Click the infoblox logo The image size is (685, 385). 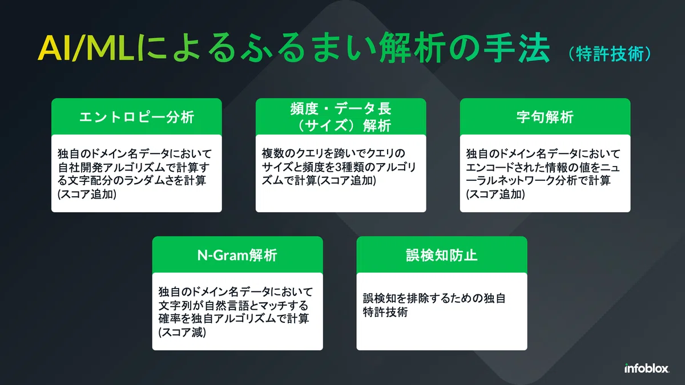pos(647,368)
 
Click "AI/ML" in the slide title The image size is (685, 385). pos(86,48)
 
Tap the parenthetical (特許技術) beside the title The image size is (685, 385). pos(610,54)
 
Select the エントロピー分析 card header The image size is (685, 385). pos(136,117)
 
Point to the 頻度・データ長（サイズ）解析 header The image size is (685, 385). pos(341,117)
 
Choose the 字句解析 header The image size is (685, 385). pos(545,117)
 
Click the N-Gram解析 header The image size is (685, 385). pos(237,255)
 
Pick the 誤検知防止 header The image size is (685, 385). pos(442,255)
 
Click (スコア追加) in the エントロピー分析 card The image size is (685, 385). pos(87,194)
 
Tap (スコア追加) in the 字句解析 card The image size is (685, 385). pos(495,194)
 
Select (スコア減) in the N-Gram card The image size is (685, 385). pos(183,332)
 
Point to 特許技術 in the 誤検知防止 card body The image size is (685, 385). pos(385,312)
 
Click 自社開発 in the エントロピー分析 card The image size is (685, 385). pos(80,167)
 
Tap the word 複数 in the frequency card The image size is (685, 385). pos(273,153)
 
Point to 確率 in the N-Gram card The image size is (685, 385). pos(170,319)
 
